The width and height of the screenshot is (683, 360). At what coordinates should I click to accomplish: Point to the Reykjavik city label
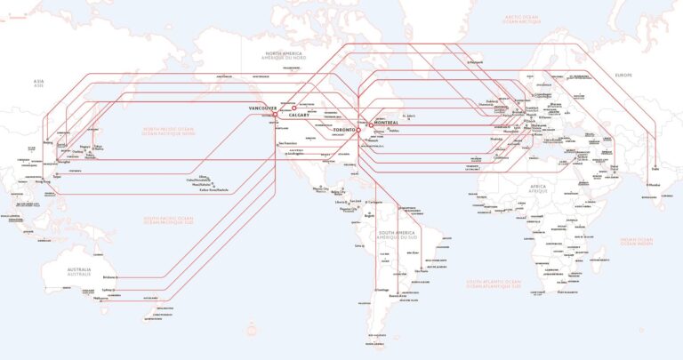pyautogui.click(x=475, y=62)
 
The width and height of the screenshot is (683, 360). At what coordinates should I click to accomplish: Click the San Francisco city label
pyautogui.click(x=287, y=143)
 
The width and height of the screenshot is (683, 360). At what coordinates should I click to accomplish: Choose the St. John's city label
pyautogui.click(x=410, y=116)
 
